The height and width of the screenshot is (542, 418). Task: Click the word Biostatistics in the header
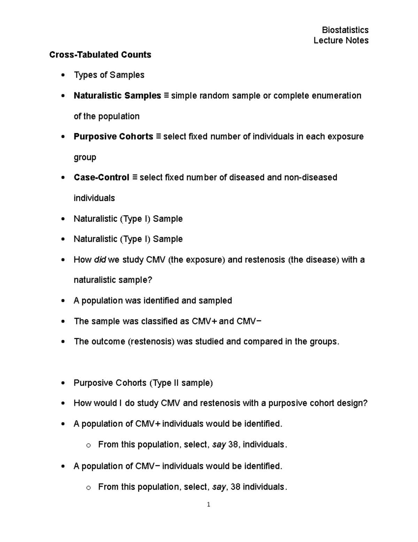(x=345, y=30)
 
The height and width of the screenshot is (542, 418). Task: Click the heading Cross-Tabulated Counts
(x=100, y=55)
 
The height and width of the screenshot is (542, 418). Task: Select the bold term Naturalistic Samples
(x=117, y=96)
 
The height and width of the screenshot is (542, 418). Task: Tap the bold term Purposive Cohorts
(x=113, y=136)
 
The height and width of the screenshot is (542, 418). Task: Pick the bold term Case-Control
(x=101, y=178)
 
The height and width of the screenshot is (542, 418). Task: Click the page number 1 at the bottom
(x=208, y=504)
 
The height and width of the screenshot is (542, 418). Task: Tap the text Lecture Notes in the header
(x=341, y=40)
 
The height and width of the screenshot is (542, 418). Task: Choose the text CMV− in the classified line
(x=249, y=321)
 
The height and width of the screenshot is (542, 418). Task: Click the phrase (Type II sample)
(x=181, y=383)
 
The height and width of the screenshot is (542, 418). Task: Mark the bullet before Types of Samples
(x=63, y=75)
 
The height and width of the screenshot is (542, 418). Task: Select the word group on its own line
(x=85, y=157)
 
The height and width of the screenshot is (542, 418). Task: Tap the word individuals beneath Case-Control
(x=94, y=198)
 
